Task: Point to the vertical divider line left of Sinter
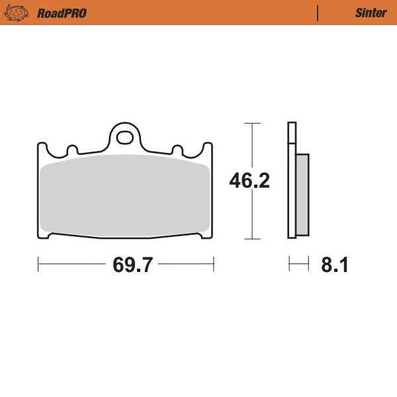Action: click(318, 13)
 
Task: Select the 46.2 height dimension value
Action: click(249, 181)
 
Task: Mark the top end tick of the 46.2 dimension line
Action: click(250, 123)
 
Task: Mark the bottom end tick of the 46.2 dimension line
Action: click(250, 238)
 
